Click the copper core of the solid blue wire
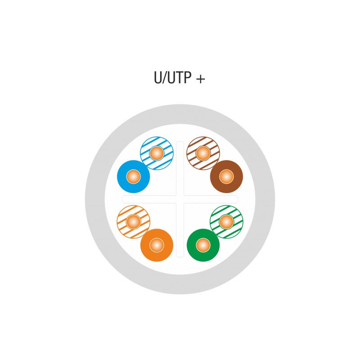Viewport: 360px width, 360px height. coord(133,176)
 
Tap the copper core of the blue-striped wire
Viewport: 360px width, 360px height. coord(157,153)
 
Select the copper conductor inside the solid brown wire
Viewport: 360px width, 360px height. coord(226,176)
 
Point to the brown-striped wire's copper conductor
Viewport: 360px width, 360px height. coord(203,153)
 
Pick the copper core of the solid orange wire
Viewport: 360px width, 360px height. coord(157,245)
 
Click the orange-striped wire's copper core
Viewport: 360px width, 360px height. coord(133,222)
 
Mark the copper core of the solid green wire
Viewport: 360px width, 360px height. coord(203,245)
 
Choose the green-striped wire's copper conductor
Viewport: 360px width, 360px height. coord(226,222)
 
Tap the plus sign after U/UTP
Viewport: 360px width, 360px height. coord(201,79)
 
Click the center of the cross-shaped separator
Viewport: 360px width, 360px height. coord(180,199)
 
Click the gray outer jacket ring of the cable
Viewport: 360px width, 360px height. coord(180,114)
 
